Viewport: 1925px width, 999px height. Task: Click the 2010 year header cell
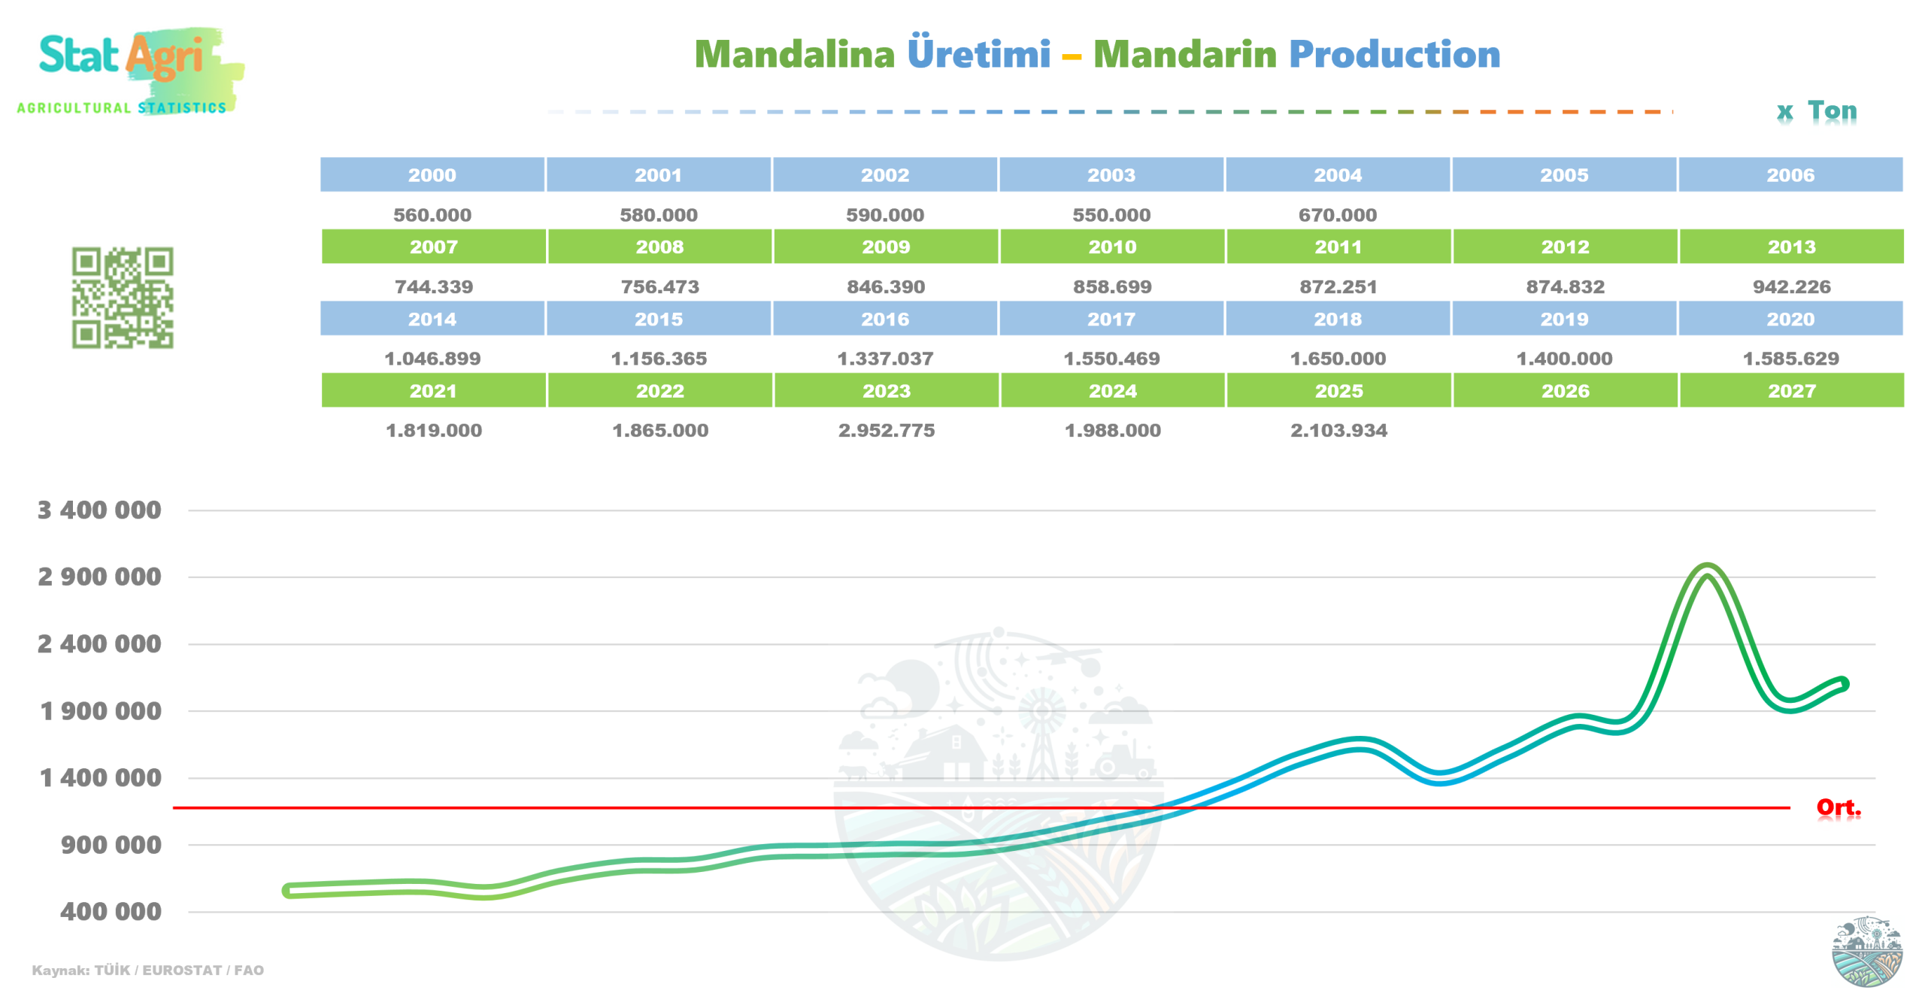point(1111,247)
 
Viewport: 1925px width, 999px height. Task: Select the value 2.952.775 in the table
point(886,431)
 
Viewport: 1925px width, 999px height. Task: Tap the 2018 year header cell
point(1337,319)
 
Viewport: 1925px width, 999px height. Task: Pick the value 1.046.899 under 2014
point(432,359)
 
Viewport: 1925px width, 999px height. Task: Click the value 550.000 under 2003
point(1111,215)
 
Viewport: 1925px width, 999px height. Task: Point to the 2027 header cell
point(1791,391)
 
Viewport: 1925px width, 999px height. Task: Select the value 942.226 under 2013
point(1791,286)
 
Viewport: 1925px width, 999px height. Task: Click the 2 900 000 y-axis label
point(99,577)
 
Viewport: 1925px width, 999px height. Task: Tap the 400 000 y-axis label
point(111,911)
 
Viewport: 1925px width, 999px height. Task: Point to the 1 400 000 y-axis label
point(100,777)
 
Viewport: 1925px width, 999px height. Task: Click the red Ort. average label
point(1838,807)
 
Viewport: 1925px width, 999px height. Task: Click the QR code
point(123,298)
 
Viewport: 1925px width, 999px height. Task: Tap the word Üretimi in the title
point(978,53)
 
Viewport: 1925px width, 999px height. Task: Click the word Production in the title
point(1394,54)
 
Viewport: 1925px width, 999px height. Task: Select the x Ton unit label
point(1816,111)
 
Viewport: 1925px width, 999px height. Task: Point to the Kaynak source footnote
point(147,970)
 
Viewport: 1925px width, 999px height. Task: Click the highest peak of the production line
point(1707,568)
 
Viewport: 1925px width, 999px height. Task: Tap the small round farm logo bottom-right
point(1866,951)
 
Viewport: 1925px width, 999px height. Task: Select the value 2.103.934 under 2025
point(1338,431)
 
